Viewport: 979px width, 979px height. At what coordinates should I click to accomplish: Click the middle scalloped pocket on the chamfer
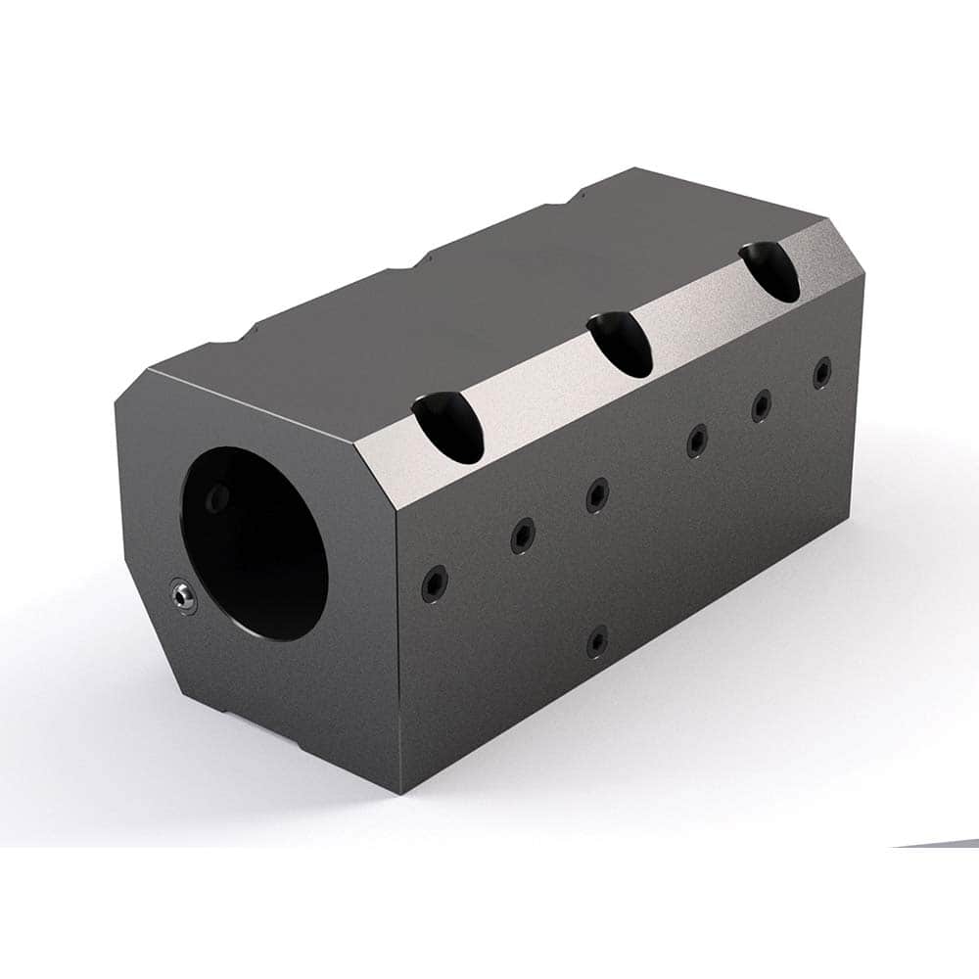coord(621,344)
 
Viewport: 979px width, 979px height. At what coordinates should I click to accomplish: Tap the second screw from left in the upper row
coord(523,535)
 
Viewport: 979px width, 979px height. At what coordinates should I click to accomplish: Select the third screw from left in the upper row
coord(597,494)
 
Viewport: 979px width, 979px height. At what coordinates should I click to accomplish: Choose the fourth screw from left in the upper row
coord(696,441)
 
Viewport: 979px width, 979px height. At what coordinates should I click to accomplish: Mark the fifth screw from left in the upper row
coord(761,405)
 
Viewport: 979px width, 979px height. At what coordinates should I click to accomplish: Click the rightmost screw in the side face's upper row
coord(821,373)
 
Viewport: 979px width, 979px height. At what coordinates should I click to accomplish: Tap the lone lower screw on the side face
coord(597,641)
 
